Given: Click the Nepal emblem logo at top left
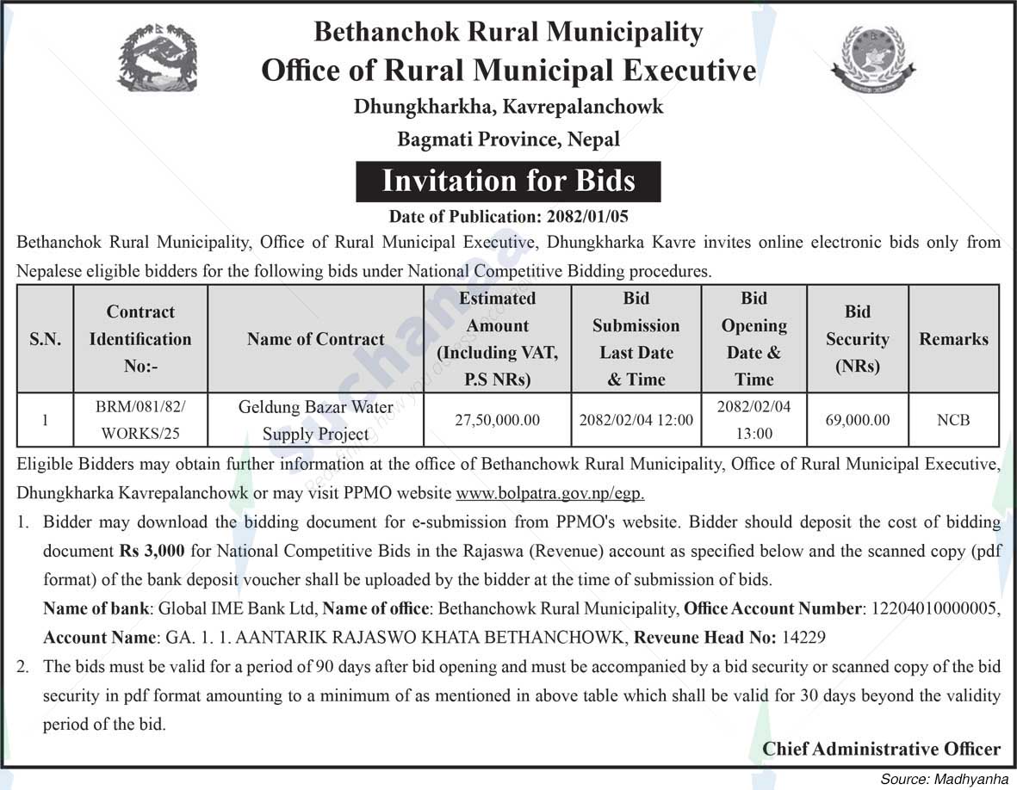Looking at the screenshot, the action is (158, 58).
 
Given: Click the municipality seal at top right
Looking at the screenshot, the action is (873, 58).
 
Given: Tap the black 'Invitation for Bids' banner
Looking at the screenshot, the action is (508, 182).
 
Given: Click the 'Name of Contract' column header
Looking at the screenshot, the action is (315, 339).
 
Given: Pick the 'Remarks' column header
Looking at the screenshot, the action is (953, 339).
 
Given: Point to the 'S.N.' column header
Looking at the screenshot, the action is (45, 339).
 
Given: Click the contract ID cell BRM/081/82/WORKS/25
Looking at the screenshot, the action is (140, 420).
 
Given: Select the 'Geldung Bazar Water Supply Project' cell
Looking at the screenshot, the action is (315, 420).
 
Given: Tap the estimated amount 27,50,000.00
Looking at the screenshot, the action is (497, 420).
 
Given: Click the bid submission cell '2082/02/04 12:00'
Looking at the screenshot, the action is (636, 420).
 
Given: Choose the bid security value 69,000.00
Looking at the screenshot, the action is (857, 420).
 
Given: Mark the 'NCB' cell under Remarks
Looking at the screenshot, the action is (953, 420).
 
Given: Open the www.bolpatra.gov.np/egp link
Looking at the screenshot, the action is (550, 494).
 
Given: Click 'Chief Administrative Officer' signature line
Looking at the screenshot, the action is (881, 749).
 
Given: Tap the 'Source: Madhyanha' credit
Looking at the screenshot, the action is (944, 779).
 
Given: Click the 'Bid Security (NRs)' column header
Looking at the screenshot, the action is (857, 339).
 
